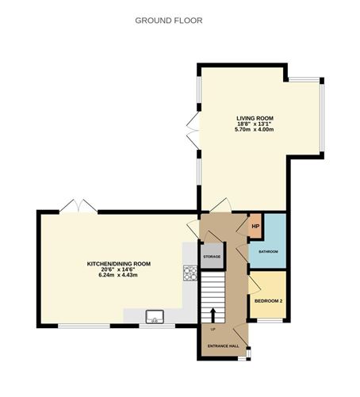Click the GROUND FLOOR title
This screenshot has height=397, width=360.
(169, 20)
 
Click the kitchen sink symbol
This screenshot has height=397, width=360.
(154, 315)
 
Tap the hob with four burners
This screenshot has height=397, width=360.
(190, 273)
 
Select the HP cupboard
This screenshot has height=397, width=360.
(255, 226)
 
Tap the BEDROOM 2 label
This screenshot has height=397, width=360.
(269, 301)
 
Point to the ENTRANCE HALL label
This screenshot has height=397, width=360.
(222, 347)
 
